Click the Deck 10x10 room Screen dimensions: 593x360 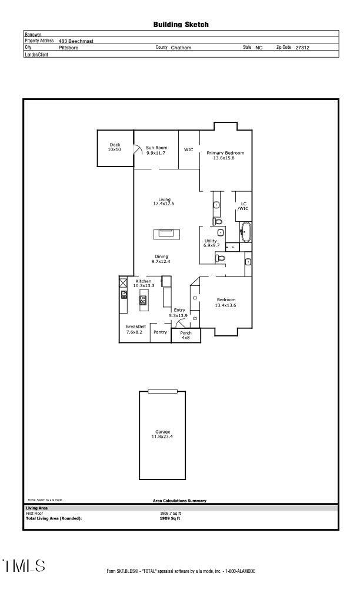pos(114,147)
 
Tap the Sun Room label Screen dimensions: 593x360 pos(156,150)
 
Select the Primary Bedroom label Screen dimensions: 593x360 pos(225,155)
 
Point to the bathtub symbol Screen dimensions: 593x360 pos(245,232)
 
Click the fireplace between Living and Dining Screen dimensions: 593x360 pos(164,234)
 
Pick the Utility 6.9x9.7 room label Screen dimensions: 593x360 pos(211,243)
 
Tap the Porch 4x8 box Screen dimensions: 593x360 pos(186,335)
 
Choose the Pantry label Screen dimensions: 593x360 pos(160,332)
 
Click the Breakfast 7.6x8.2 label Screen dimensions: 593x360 pos(135,329)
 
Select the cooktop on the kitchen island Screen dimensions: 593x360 pos(143,300)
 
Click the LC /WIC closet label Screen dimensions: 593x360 pos(244,206)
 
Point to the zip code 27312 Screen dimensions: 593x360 pos(302,48)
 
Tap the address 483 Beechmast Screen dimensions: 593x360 pos(76,41)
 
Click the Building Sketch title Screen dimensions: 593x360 pos(181,25)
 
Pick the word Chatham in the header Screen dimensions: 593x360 pos(181,48)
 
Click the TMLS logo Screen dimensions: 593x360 pos(24,566)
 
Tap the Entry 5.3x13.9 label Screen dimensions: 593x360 pos(179,313)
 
